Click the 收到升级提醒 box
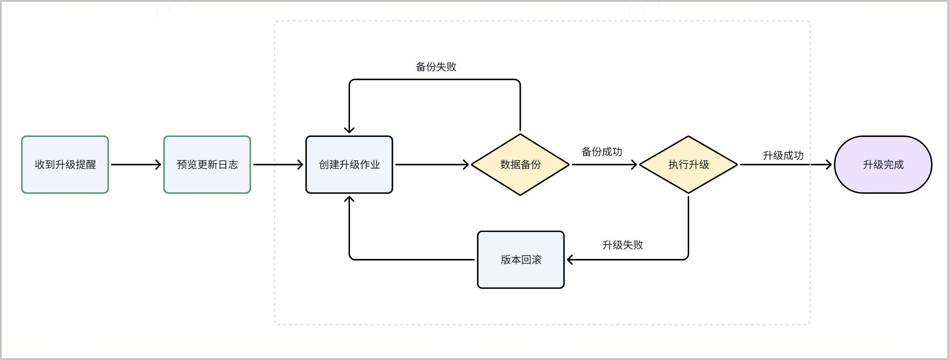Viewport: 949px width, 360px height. coord(65,165)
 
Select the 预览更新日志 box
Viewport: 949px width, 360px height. coord(207,165)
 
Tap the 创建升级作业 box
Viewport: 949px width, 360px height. coord(349,165)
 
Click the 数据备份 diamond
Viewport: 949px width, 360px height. coord(520,165)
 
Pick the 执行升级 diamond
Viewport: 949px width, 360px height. coord(688,165)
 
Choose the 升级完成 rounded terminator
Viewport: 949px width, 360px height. coord(883,165)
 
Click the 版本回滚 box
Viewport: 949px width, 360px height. coord(521,260)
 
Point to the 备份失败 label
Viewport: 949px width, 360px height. coord(436,67)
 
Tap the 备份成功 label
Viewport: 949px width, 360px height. coord(602,152)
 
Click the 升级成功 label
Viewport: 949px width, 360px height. coord(783,156)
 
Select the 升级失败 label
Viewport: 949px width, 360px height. coord(623,245)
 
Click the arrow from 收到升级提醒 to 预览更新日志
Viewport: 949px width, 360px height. coord(136,165)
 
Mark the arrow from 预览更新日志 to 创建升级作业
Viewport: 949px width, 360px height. coord(278,165)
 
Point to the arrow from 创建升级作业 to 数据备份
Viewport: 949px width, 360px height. coord(432,165)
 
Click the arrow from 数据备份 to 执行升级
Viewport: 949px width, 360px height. coord(604,165)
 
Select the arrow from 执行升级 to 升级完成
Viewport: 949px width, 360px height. coord(786,165)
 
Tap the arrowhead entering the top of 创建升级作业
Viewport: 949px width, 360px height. coord(349,130)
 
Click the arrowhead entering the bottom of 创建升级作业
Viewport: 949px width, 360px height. coord(349,200)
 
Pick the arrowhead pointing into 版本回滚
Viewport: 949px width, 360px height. coord(571,260)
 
